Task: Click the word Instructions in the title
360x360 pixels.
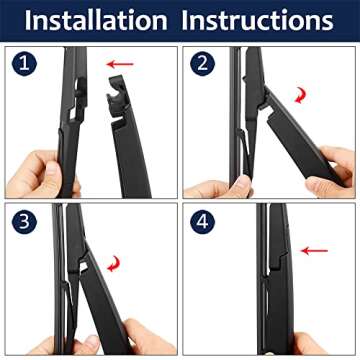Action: [267, 19]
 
